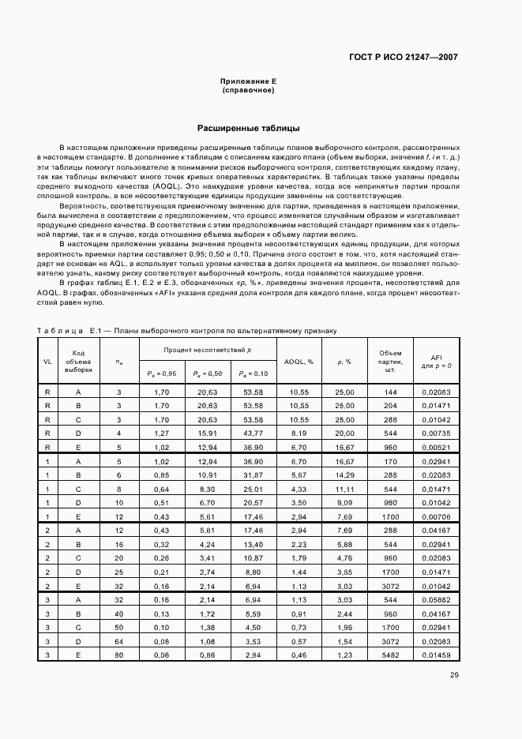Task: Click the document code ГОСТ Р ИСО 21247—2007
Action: click(x=403, y=57)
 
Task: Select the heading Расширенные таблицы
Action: click(x=248, y=127)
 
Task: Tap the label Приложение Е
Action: click(x=248, y=82)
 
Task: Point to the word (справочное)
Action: click(x=248, y=91)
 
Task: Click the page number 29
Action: click(x=454, y=674)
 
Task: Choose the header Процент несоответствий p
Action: click(x=208, y=348)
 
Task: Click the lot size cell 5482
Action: click(x=390, y=655)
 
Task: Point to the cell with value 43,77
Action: click(x=253, y=433)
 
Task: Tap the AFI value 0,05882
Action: click(x=436, y=601)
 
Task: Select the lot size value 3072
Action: click(x=390, y=587)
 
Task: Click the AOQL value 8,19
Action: click(x=299, y=433)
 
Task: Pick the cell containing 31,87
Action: click(x=253, y=475)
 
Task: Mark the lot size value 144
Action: click(x=390, y=392)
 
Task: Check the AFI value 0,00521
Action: click(x=436, y=447)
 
